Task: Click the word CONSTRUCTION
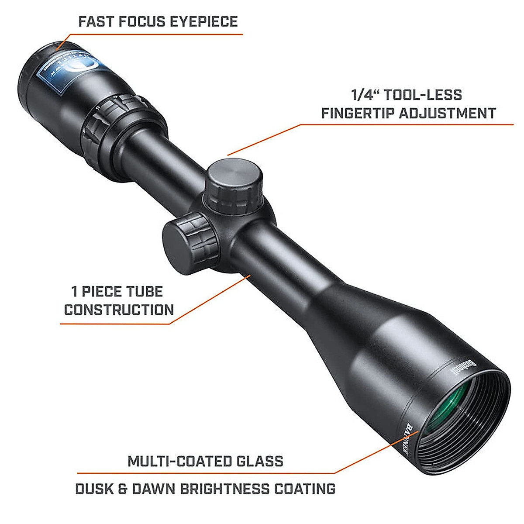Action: pos(119,310)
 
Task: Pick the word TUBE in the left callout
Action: pos(141,291)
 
